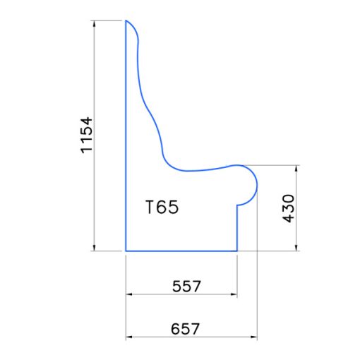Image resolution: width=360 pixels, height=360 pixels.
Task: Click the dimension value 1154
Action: [87, 135]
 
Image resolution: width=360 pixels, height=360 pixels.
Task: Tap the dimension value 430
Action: [288, 208]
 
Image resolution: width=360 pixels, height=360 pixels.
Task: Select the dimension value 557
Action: [186, 286]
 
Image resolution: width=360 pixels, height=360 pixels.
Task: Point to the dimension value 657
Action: [185, 329]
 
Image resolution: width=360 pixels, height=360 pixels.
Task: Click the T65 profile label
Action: [162, 207]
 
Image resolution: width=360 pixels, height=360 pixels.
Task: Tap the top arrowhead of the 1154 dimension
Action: [95, 23]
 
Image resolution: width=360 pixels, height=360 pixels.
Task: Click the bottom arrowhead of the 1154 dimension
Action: [95, 248]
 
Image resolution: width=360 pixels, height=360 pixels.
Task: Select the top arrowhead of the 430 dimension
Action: [296, 168]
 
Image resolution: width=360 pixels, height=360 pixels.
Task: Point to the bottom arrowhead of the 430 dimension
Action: [296, 248]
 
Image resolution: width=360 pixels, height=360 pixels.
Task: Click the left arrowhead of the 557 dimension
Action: [129, 294]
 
